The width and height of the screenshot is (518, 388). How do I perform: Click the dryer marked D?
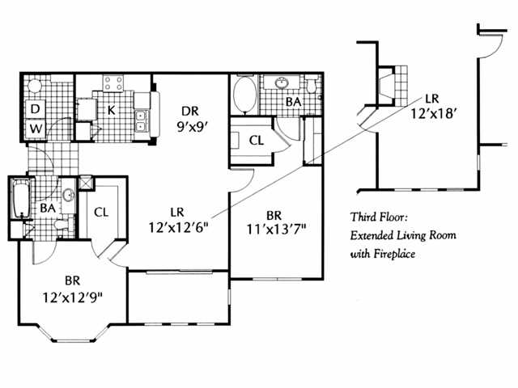point(36,108)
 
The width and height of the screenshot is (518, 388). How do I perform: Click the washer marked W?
point(36,128)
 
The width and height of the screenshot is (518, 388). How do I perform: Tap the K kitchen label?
point(112,108)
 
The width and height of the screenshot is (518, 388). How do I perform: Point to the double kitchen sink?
point(141,120)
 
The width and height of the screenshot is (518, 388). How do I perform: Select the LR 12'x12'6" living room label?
point(179,220)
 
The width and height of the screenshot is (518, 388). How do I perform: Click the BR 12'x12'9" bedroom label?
point(72,289)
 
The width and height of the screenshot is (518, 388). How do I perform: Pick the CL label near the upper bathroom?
point(256,140)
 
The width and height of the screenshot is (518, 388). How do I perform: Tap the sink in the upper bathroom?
point(282,83)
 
